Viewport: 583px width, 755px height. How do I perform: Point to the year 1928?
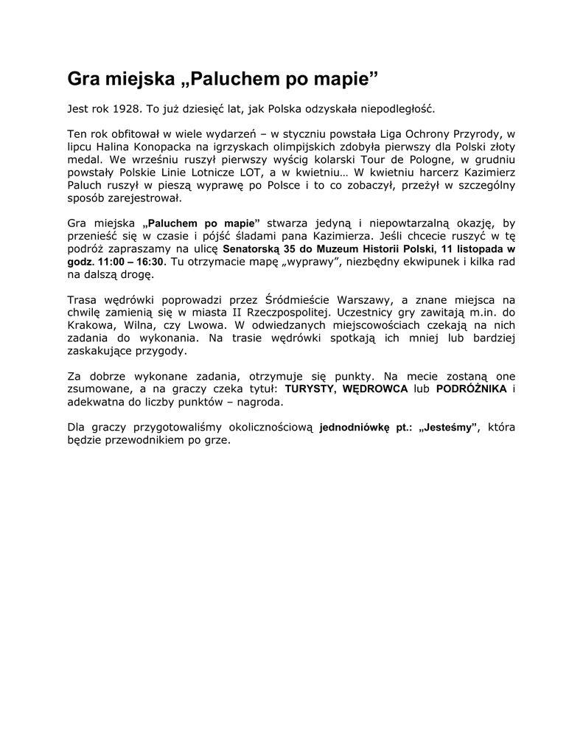(x=128, y=109)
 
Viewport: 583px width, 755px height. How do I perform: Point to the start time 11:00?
(x=111, y=262)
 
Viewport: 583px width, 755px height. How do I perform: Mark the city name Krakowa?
(x=91, y=326)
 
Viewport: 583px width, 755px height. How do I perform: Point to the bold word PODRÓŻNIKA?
(x=471, y=390)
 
